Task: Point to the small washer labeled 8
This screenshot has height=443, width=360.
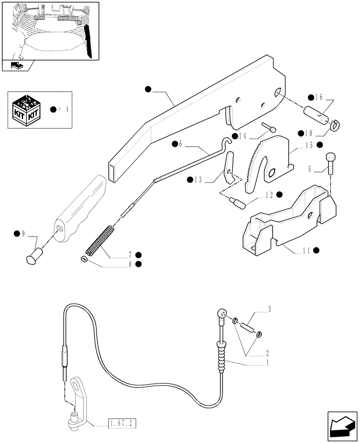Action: coord(83,259)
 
